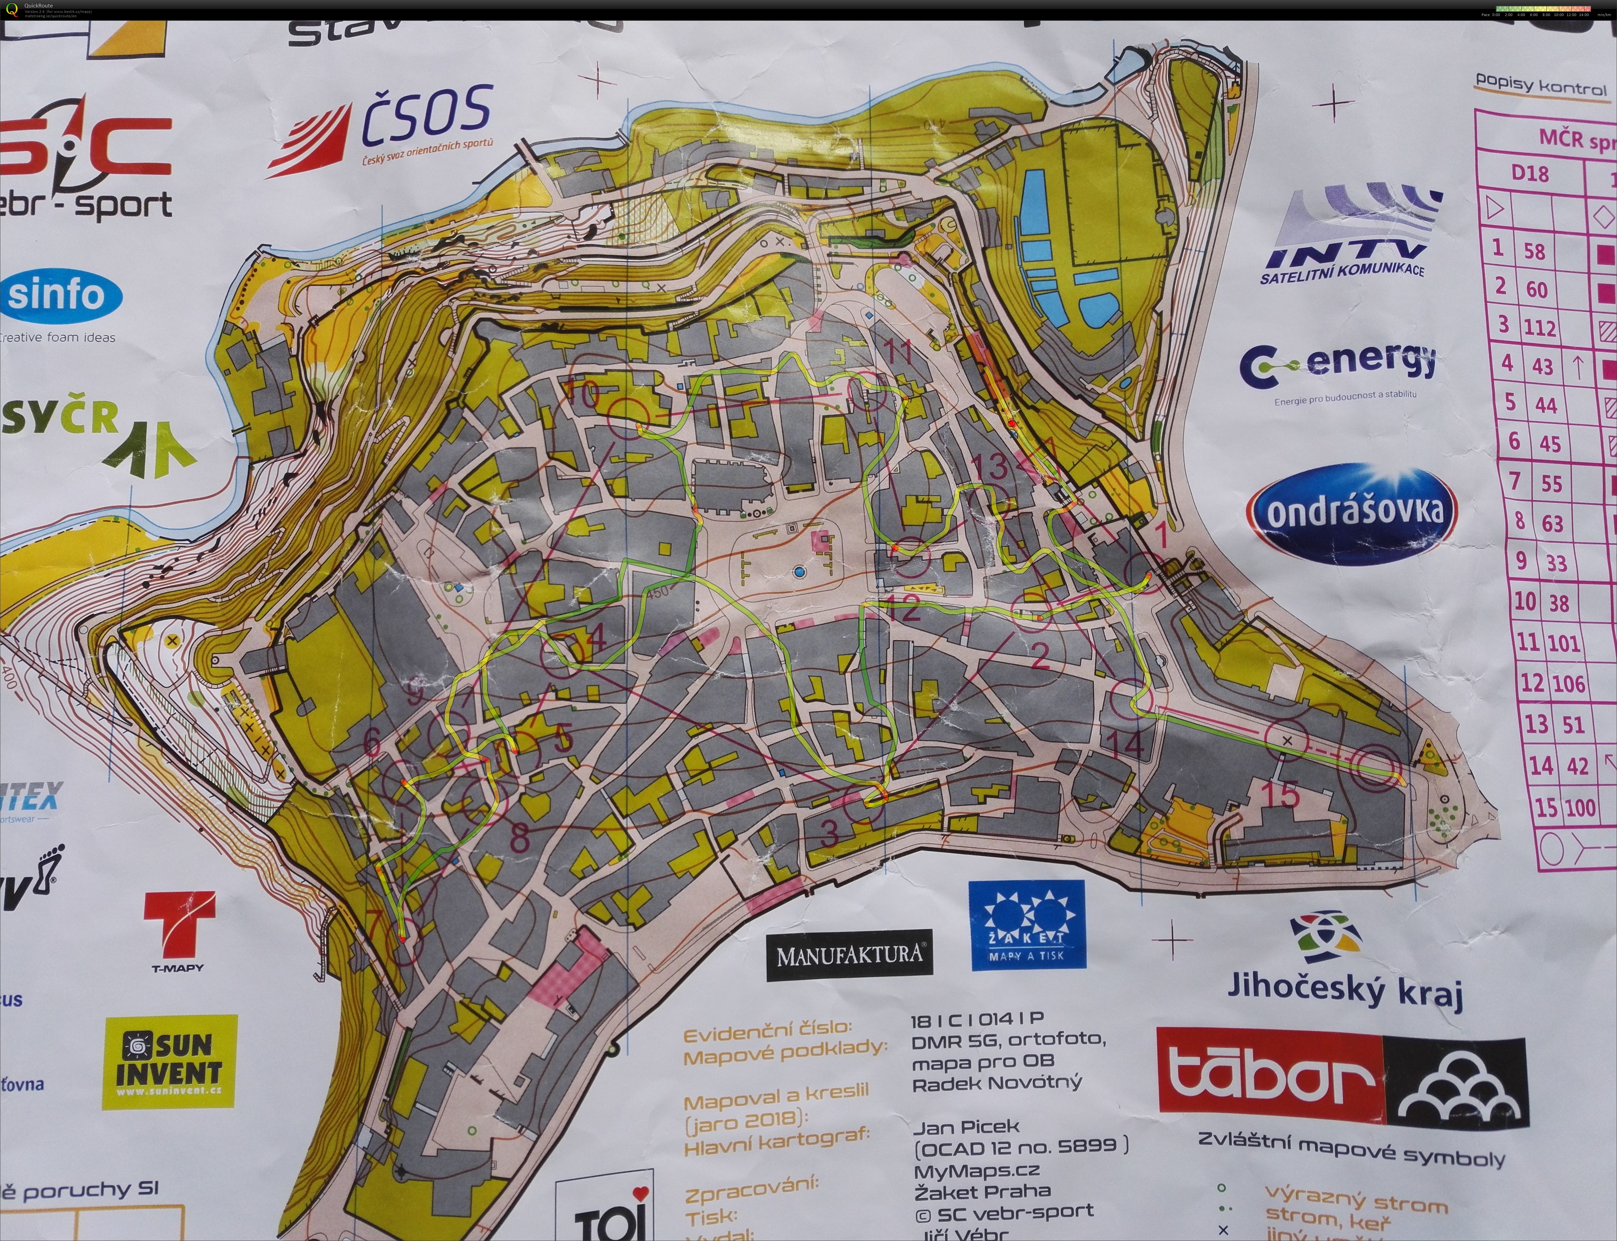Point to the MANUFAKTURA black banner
click(x=850, y=955)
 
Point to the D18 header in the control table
click(x=1529, y=174)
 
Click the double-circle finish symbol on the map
click(x=1375, y=767)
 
